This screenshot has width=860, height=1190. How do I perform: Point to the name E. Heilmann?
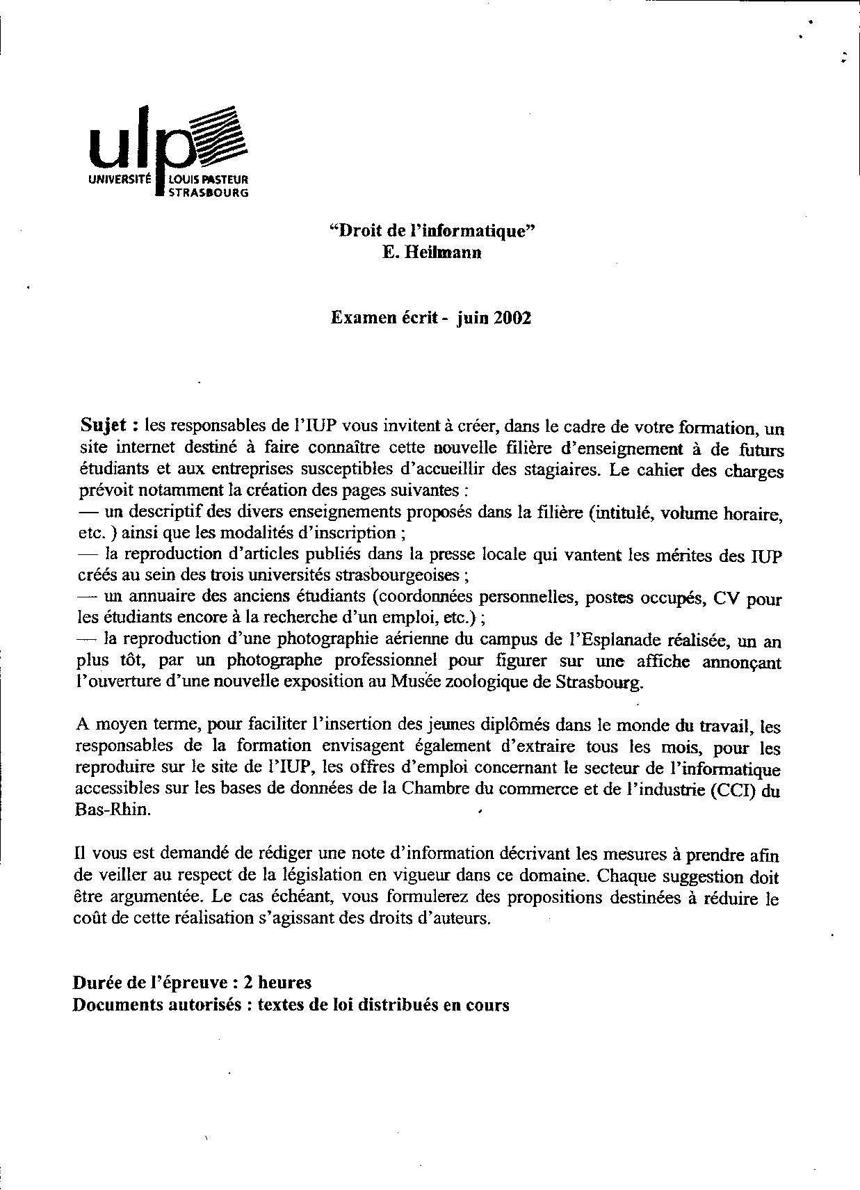[432, 252]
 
